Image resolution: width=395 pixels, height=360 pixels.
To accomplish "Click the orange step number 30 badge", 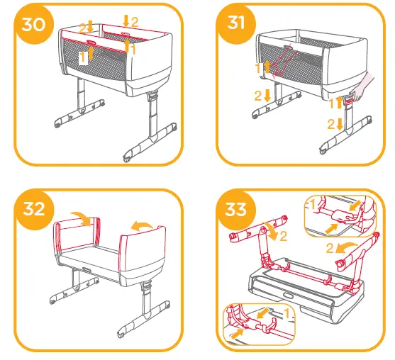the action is coord(34,24).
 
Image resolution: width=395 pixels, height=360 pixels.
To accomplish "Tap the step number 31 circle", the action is coord(235,23).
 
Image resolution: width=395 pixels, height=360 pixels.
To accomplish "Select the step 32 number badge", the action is coord(35,210).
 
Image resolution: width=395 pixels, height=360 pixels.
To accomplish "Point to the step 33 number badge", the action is coord(235,210).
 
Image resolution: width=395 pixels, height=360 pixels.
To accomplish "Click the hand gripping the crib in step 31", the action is coord(363,87).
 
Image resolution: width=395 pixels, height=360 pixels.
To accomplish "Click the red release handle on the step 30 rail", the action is coord(91,43).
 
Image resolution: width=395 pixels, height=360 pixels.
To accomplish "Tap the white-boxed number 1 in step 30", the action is coord(84,58).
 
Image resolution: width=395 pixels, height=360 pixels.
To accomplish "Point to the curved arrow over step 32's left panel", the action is coord(82,218).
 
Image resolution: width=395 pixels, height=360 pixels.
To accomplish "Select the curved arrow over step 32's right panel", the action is coord(141,225).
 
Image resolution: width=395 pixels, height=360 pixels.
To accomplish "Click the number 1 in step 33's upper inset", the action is coord(313,205).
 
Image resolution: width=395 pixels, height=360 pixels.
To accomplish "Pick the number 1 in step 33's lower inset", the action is coord(286,314).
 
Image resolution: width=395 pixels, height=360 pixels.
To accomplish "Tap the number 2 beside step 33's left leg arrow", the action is coord(283,237).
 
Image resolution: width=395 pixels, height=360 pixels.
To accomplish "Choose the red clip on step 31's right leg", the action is coord(350,102).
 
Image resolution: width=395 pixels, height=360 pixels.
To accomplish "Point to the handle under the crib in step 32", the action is coord(87,269).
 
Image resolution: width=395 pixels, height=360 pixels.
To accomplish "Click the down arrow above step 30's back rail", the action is coord(126,21).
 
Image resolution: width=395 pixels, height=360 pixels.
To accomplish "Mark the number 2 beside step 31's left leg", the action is coord(257,96).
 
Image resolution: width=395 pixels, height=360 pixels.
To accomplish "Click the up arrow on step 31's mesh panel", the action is coord(267,67).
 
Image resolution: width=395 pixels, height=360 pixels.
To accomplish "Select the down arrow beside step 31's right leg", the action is coord(340,124).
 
